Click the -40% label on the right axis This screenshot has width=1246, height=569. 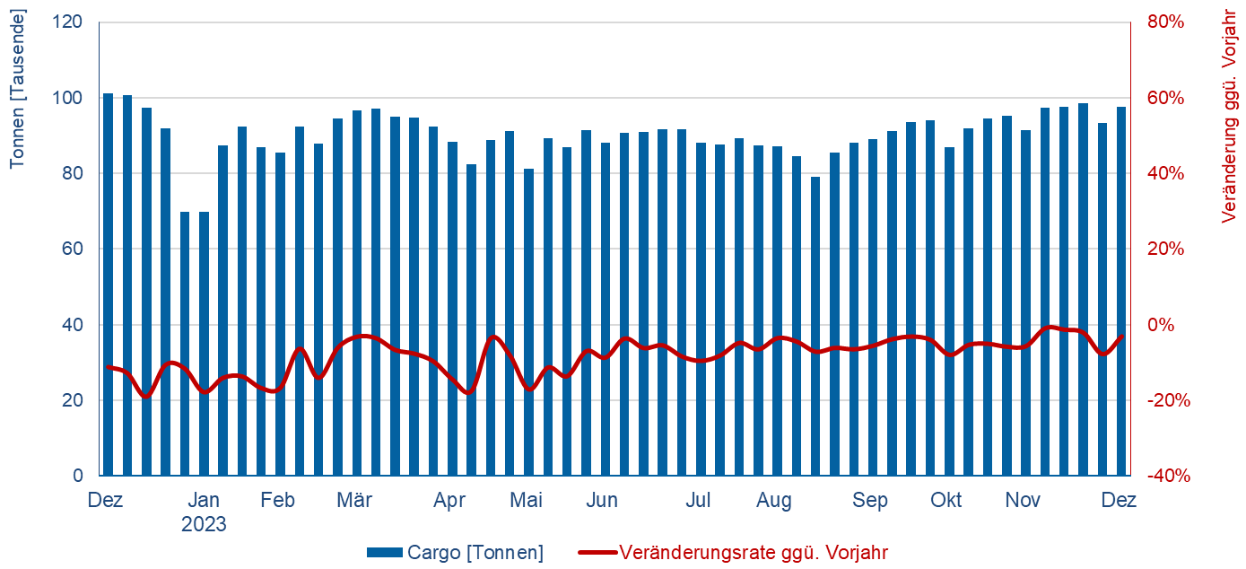click(1167, 476)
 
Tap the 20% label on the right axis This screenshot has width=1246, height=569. click(1164, 249)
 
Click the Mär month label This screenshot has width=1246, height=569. click(354, 501)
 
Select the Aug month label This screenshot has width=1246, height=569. click(774, 501)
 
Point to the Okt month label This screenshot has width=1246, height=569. click(945, 501)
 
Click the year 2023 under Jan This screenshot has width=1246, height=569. click(205, 524)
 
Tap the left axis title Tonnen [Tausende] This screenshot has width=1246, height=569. click(17, 88)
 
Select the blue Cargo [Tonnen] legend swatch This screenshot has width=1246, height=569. click(385, 553)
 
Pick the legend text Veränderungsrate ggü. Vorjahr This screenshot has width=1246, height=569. click(754, 553)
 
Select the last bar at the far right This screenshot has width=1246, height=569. click(1121, 292)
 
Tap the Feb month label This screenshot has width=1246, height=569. click(278, 501)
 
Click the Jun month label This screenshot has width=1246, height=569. click(602, 501)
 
